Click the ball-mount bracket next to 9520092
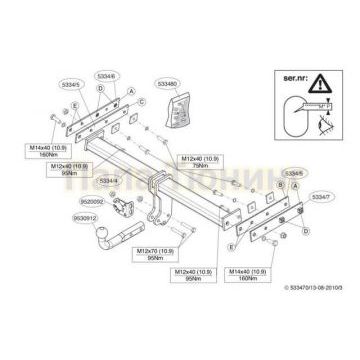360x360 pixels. click(125, 208)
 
